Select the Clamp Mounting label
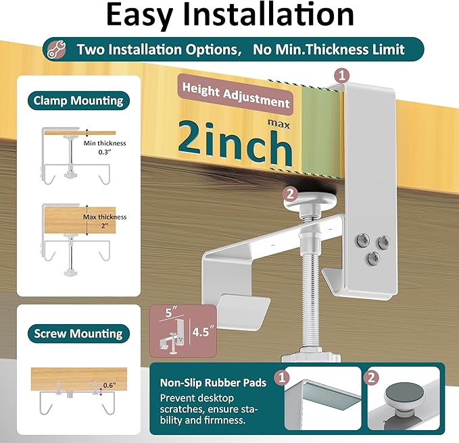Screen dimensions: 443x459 coord(78,101)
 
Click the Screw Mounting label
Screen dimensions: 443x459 coord(78,333)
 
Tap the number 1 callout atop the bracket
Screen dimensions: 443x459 coord(343,75)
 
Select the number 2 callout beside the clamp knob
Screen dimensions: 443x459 coord(289,193)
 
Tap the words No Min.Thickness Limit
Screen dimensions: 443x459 coord(329,50)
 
